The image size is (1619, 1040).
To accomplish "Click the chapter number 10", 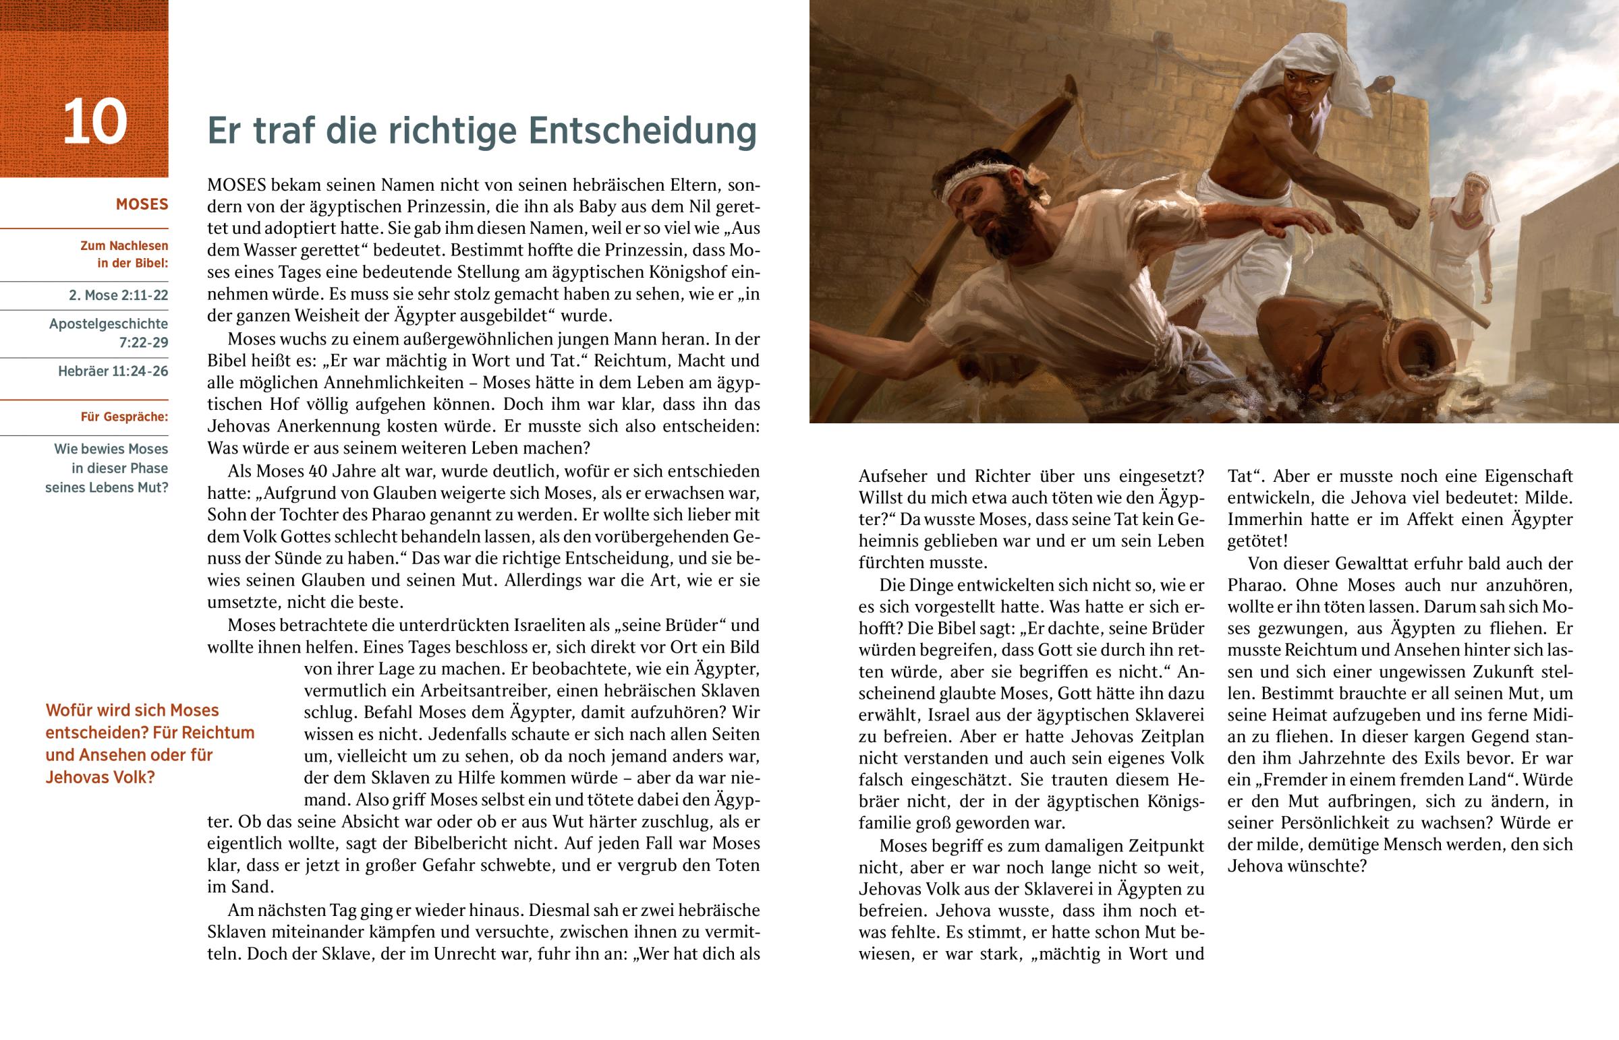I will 94,122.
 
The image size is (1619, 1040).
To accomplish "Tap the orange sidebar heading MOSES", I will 142,205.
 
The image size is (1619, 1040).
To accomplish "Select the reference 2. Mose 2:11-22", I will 118,295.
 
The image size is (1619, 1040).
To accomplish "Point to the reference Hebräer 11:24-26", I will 113,371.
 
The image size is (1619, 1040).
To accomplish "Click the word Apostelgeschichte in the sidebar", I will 108,324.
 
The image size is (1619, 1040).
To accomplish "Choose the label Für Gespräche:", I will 124,417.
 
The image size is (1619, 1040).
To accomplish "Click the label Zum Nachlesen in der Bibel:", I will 124,255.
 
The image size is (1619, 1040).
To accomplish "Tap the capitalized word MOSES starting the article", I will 237,185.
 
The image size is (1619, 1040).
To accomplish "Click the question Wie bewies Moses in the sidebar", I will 111,449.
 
